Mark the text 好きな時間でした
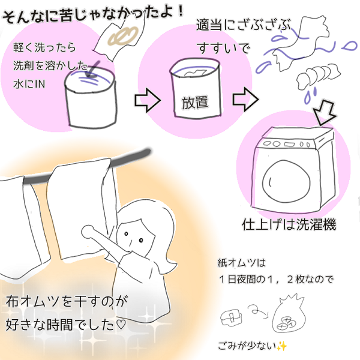[69, 327]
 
